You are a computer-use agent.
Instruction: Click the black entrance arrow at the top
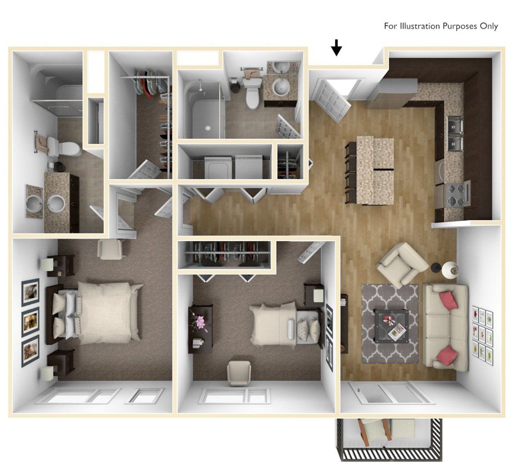337,47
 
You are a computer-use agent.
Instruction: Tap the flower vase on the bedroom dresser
201,322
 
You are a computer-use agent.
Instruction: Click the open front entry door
332,99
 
